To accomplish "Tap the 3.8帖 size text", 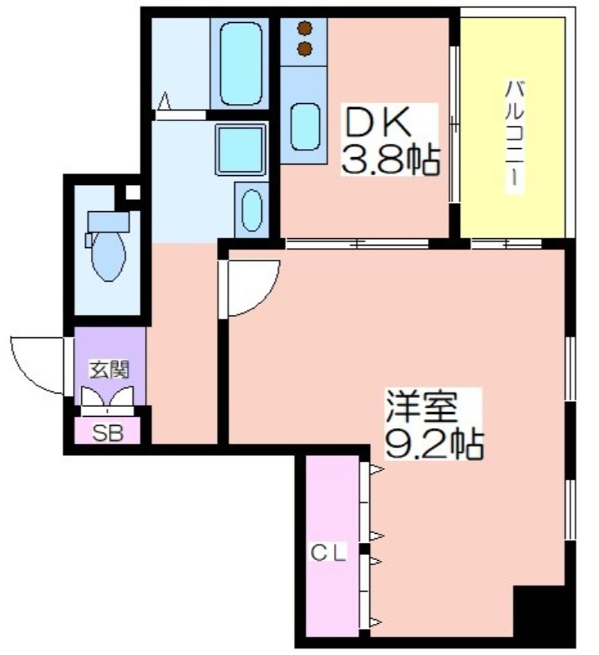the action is pos(390,160).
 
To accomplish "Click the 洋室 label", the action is pos(421,408).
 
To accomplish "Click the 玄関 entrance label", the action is pos(110,370).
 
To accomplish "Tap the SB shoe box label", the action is pos(108,433).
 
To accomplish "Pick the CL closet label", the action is pos(328,553).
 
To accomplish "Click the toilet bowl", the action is pos(108,255).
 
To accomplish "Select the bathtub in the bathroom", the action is pos(241,64).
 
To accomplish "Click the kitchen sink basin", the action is pos(305,127).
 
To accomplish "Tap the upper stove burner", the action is pos(305,29).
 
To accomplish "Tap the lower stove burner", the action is pos(305,49).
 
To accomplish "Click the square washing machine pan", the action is pos(241,150).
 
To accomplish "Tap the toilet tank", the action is pos(108,221).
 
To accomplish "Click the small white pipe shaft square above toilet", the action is pos(133,192).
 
